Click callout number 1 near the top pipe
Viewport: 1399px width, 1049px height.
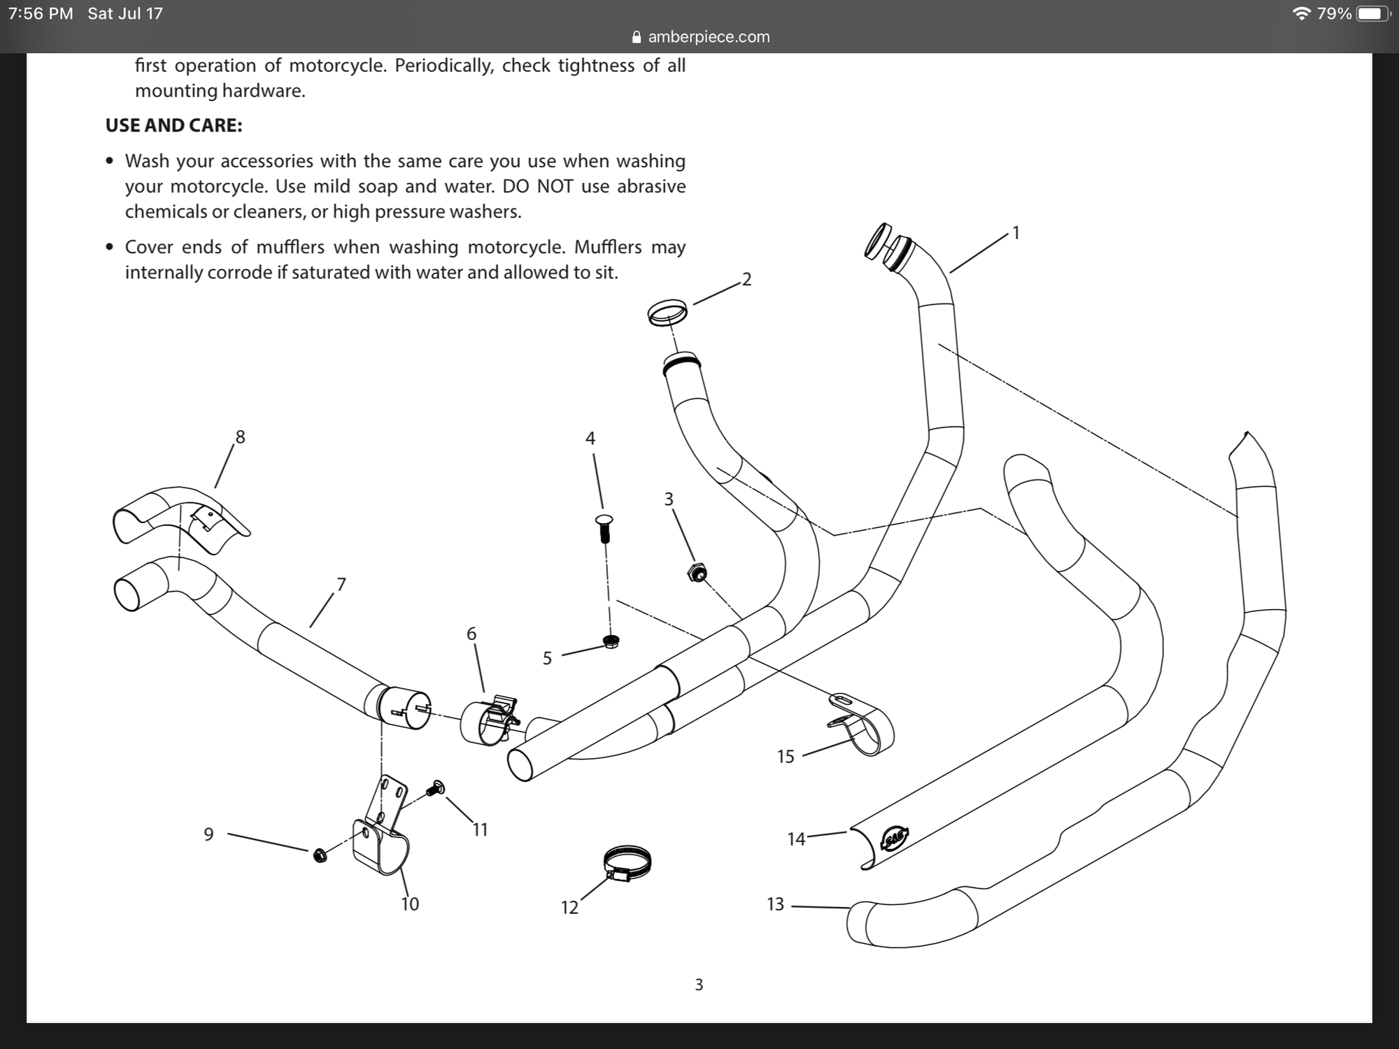[1016, 234]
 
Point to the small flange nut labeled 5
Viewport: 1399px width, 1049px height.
[611, 641]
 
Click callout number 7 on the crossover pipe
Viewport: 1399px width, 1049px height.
[341, 584]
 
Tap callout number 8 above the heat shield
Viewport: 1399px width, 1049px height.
[240, 437]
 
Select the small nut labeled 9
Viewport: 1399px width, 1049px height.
[320, 855]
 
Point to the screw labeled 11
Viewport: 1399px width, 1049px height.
[436, 788]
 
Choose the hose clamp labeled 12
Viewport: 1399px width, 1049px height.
[627, 863]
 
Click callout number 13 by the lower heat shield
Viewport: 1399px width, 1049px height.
[775, 904]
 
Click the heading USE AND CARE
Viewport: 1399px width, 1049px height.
[173, 125]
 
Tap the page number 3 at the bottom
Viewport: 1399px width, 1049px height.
[699, 985]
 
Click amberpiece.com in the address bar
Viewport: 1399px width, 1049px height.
[708, 37]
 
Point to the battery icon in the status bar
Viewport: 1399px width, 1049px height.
[1372, 14]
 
